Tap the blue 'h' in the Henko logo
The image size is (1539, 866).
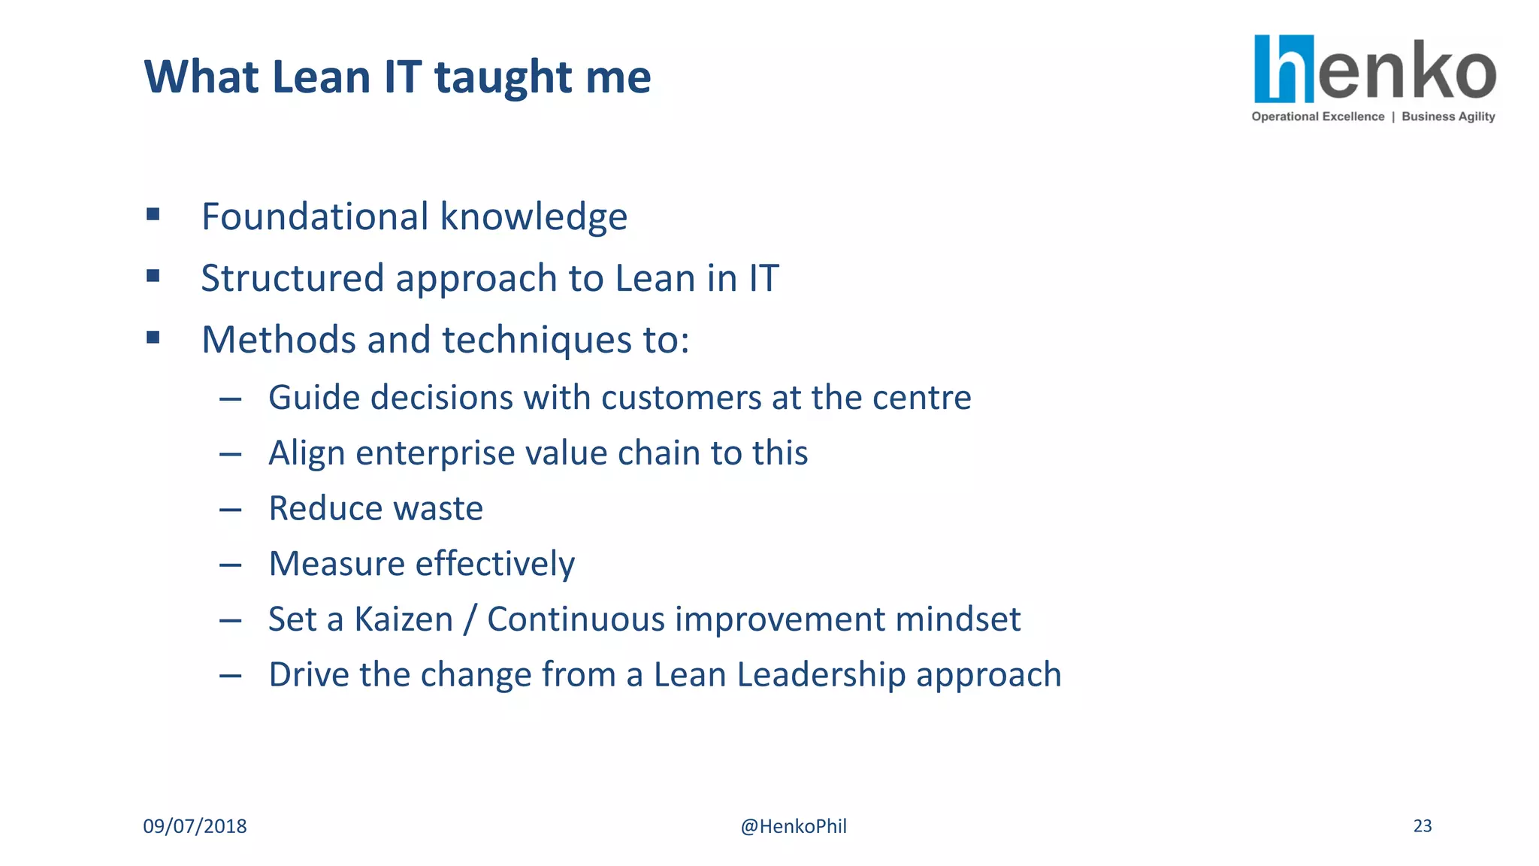click(1284, 69)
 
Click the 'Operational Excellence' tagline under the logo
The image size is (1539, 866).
click(1317, 117)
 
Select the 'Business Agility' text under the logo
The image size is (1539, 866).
click(1448, 117)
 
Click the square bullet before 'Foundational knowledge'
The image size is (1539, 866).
click(153, 215)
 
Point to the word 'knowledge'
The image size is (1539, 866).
click(533, 217)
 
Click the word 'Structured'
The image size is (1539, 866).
click(292, 279)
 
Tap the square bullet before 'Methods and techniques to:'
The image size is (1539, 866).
click(153, 338)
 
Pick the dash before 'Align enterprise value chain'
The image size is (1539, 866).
click(230, 454)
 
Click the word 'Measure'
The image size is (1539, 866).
click(337, 565)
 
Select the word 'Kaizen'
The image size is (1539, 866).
click(404, 620)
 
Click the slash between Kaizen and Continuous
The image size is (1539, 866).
click(470, 620)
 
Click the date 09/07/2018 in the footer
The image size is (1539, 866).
click(195, 826)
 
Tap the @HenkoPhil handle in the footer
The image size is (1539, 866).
click(794, 826)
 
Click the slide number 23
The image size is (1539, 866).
click(1422, 826)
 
